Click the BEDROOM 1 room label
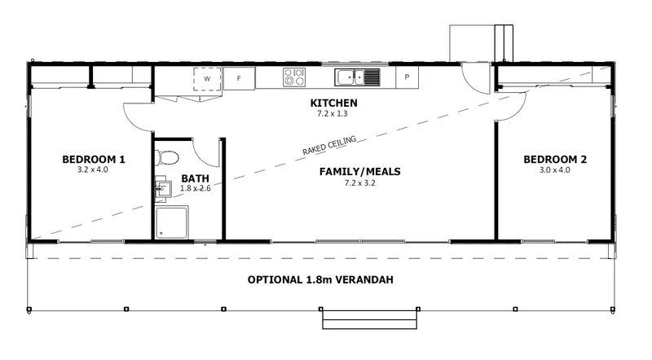click(x=94, y=159)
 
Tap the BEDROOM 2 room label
click(x=555, y=159)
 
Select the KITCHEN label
click(x=333, y=103)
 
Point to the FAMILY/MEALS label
click(x=360, y=171)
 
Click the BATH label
click(x=195, y=178)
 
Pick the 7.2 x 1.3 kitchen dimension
click(x=333, y=113)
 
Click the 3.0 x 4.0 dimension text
click(x=555, y=169)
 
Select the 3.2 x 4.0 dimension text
click(x=93, y=169)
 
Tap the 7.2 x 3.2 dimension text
click(x=359, y=183)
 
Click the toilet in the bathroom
click(x=167, y=158)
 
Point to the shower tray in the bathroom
click(x=172, y=222)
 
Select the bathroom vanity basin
click(x=164, y=189)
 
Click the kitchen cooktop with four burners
click(x=294, y=77)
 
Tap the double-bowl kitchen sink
click(x=357, y=77)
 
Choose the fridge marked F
click(x=239, y=78)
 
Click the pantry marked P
click(x=407, y=77)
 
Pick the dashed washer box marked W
click(x=207, y=79)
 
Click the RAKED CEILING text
click(x=329, y=146)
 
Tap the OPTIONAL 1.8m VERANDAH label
click(x=320, y=279)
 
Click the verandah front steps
click(x=370, y=319)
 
